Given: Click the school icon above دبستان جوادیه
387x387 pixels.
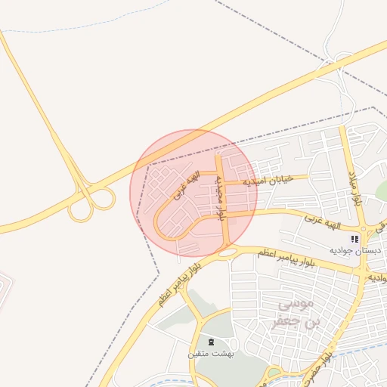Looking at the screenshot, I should click(x=355, y=239).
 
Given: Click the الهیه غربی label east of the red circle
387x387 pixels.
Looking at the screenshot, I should click(x=331, y=221).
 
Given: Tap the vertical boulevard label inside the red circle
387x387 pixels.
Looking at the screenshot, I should click(x=220, y=199).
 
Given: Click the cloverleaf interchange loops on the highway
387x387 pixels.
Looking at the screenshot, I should click(x=91, y=203).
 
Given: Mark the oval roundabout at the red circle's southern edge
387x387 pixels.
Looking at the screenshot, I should click(x=226, y=252).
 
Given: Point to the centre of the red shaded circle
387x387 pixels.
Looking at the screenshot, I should click(x=193, y=192).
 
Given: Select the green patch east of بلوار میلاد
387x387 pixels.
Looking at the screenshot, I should click(x=381, y=191).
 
